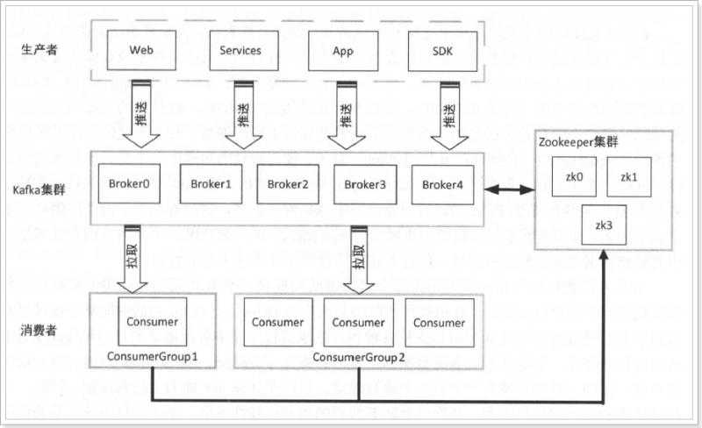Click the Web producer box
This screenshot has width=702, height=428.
[x=135, y=51]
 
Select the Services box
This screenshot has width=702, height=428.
[x=240, y=51]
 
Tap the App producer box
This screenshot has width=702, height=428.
[x=341, y=51]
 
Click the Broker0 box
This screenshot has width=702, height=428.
[x=130, y=184]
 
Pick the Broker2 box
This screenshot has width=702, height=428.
[x=288, y=184]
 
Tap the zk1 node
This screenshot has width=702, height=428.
[x=628, y=177]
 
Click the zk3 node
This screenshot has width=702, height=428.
[x=604, y=225]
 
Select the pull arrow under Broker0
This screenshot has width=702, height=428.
[x=135, y=260]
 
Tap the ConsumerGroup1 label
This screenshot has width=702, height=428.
[x=152, y=357]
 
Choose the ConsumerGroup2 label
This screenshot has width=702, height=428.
[x=359, y=357]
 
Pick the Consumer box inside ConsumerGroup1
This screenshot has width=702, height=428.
[x=153, y=322]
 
